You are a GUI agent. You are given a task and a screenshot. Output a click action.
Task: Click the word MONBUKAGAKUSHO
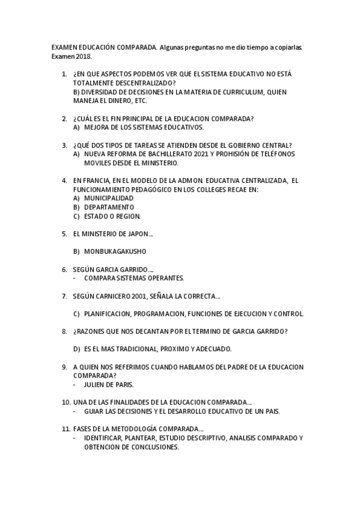(115, 251)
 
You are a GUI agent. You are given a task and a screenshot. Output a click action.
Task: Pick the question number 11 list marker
(66, 429)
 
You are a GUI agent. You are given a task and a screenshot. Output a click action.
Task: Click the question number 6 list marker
(64, 269)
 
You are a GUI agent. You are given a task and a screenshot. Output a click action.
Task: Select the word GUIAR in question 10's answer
(94, 411)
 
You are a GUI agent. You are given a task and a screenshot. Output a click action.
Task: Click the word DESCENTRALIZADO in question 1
(142, 82)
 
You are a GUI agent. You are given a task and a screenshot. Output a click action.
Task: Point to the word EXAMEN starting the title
(61, 47)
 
